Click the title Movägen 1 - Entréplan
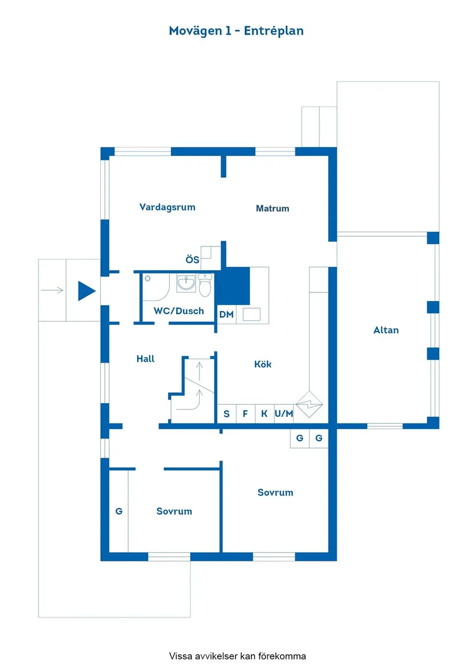pos(236,31)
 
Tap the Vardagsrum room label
pos(167,207)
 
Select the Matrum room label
pos(272,208)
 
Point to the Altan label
pos(386,330)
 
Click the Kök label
pos(263,364)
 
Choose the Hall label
pos(146,359)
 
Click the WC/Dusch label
pos(178,311)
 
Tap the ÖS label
pos(192,260)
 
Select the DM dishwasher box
pos(226,314)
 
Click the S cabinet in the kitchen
pos(226,413)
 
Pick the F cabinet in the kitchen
pos(245,413)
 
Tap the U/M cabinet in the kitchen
pos(284,413)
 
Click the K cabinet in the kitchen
pos(264,413)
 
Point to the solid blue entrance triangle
pos(86,291)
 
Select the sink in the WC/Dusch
pos(186,283)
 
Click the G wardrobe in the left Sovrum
pos(119,511)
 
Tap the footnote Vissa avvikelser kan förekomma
pos(237,656)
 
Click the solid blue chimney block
pos(235,286)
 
